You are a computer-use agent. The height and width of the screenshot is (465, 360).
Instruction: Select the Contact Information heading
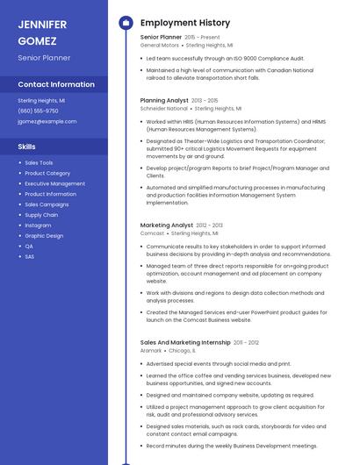(56, 84)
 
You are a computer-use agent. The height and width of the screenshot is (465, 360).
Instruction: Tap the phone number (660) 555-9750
(38, 111)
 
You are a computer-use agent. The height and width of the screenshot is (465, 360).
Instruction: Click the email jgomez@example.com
(47, 121)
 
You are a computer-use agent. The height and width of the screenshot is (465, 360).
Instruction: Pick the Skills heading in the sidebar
(26, 147)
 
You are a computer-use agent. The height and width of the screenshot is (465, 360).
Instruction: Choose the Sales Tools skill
(39, 163)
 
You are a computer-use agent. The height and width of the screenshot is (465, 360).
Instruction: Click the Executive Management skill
(54, 184)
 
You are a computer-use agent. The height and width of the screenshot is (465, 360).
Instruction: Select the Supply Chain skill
(41, 215)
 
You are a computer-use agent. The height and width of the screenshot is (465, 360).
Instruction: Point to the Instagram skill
(38, 225)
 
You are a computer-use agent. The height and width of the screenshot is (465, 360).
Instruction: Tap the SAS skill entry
(29, 256)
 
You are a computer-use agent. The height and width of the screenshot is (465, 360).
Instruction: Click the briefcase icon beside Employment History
(126, 22)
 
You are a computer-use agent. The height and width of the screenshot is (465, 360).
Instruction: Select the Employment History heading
(184, 23)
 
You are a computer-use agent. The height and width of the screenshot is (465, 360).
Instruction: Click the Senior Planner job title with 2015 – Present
(161, 38)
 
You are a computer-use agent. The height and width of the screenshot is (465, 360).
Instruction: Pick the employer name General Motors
(159, 45)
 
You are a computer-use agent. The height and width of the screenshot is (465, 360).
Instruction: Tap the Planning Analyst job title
(164, 101)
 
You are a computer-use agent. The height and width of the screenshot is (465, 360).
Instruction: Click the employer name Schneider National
(164, 108)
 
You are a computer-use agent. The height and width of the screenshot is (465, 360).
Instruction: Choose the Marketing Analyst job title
(166, 225)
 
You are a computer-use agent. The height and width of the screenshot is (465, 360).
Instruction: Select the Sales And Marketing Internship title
(185, 342)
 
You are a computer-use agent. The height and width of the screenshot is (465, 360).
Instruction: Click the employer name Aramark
(151, 349)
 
